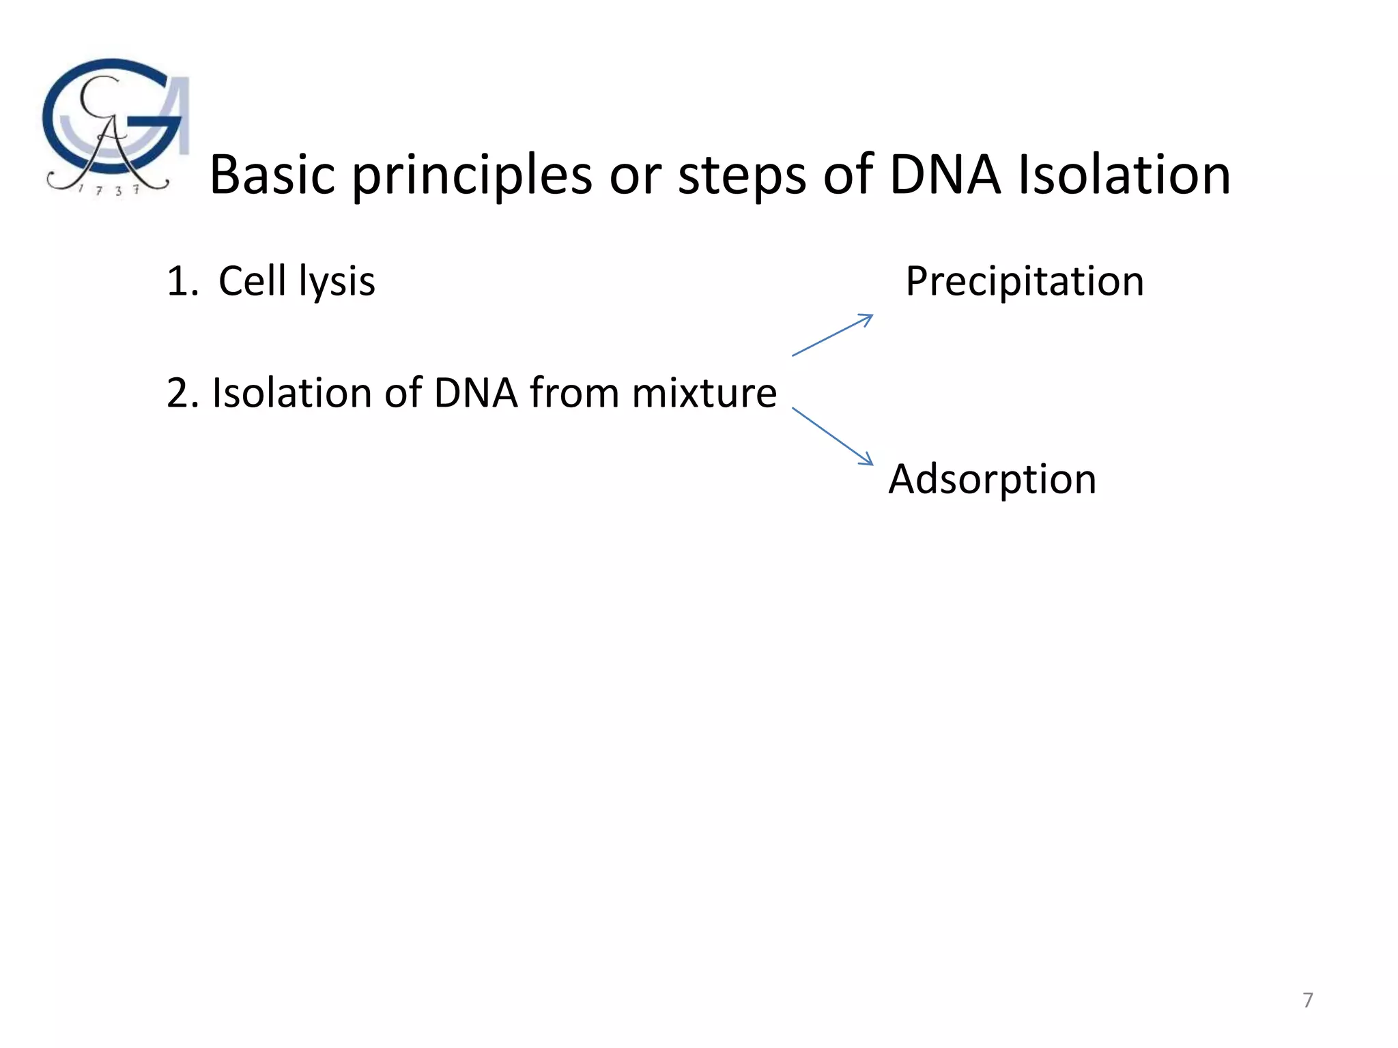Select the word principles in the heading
click(472, 176)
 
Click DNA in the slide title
click(945, 175)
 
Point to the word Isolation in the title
click(1124, 175)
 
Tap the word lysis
click(337, 282)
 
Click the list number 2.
click(182, 394)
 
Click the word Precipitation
click(1024, 281)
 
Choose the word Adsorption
click(992, 479)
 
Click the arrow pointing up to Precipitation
click(832, 335)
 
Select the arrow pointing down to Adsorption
click(832, 437)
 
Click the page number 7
click(1307, 1000)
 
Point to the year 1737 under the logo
click(109, 190)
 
